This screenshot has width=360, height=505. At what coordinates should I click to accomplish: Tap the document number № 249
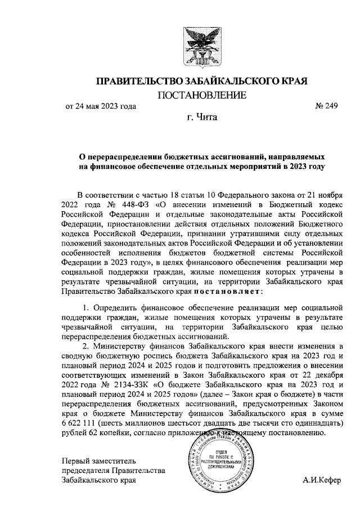tap(326, 106)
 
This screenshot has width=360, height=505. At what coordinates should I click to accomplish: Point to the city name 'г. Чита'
tap(201, 118)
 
